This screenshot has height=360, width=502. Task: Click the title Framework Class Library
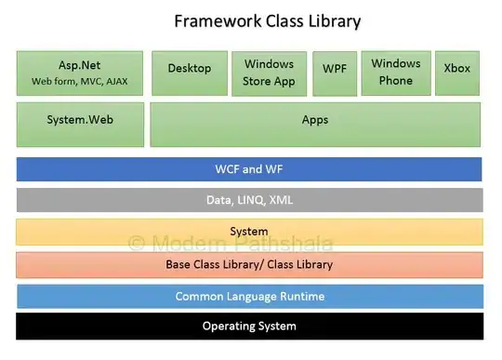pos(268,21)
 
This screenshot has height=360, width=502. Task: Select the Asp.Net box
pos(80,73)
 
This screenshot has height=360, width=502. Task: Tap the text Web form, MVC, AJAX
pos(80,81)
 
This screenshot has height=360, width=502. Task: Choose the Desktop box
pos(190,73)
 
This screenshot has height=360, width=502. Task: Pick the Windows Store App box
pos(270,73)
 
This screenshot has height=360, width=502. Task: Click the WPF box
pos(335,73)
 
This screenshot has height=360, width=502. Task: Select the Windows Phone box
pos(396,73)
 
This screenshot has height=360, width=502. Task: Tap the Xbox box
pos(457,73)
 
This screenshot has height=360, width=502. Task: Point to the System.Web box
pos(80,125)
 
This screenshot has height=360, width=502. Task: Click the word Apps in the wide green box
pos(315,120)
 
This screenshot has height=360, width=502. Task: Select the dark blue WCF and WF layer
pos(249,169)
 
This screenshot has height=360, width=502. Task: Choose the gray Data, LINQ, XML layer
pos(250,200)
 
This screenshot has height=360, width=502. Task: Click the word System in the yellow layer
pos(249,232)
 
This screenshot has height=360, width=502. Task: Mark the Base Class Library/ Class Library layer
pos(250,265)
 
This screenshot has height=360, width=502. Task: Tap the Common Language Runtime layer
pos(250,296)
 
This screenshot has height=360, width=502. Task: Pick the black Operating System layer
pos(250,327)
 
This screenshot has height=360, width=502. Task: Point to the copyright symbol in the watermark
pos(137,244)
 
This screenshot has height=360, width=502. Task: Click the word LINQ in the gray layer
pos(251,200)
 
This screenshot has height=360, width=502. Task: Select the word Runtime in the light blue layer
pos(302,296)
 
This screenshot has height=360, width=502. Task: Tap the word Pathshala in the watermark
pos(284,244)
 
